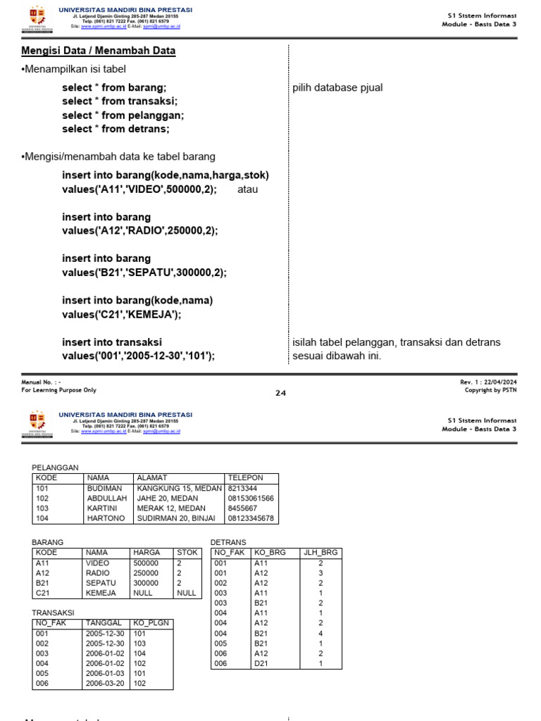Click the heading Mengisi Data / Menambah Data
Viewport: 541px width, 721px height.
[x=99, y=51]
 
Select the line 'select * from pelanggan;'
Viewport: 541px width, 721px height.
[x=123, y=115]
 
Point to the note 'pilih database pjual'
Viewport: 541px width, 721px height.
[x=337, y=88]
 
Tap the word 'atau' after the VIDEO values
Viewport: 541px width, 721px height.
[x=249, y=190]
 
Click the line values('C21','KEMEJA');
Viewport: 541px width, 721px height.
[x=121, y=314]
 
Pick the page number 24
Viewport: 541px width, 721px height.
[x=280, y=393]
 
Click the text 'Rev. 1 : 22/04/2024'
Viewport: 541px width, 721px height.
[x=488, y=382]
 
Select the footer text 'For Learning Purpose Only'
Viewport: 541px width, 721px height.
[x=59, y=390]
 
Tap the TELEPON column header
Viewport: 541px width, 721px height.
[x=244, y=477]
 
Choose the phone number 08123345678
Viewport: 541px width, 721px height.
[x=251, y=518]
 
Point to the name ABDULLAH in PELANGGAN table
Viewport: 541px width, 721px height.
[x=106, y=498]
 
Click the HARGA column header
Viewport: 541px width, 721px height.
[x=147, y=553]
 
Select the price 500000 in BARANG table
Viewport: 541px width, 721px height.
[x=146, y=563]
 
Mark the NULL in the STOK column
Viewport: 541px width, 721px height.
[x=187, y=593]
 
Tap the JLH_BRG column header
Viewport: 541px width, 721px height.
[x=321, y=553]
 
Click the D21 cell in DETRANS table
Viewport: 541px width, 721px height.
[x=261, y=663]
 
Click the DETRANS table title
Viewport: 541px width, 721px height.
[x=228, y=542]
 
